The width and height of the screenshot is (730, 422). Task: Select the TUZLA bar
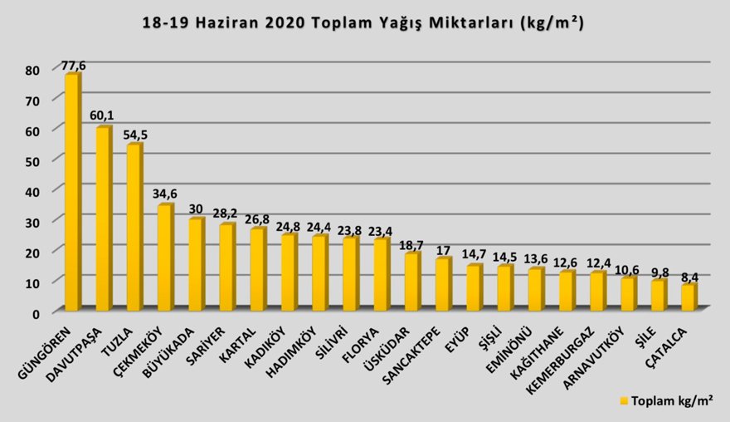(134, 228)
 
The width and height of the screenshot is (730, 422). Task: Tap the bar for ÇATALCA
(688, 297)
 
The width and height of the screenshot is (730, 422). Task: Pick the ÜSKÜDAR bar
(411, 282)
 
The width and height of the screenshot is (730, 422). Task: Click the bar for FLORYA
(380, 275)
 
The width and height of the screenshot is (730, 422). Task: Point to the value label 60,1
(103, 115)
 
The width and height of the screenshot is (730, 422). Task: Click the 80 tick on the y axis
(32, 69)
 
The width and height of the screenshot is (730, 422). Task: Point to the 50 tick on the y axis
(32, 160)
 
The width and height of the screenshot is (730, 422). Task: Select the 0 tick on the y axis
(36, 312)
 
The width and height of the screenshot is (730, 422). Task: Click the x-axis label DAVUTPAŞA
(76, 349)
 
